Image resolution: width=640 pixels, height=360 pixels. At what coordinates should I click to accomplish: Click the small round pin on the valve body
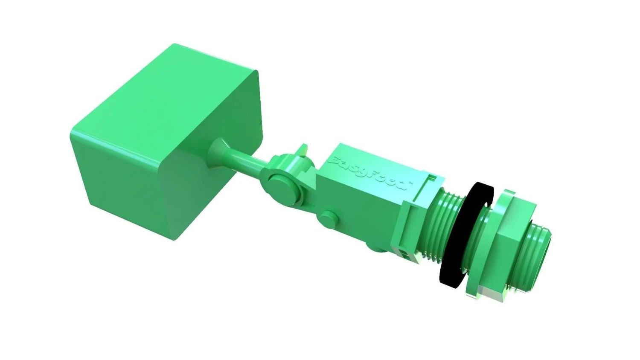pyautogui.click(x=327, y=219)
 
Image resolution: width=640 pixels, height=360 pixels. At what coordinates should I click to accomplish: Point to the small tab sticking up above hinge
pyautogui.click(x=303, y=150)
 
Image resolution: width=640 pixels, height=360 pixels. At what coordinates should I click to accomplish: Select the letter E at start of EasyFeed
pyautogui.click(x=337, y=161)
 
